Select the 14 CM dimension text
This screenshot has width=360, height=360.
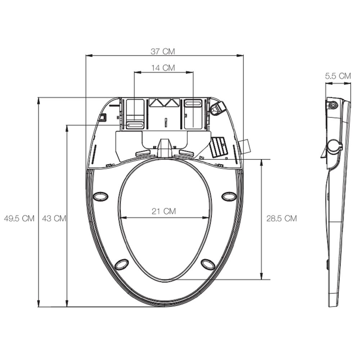pyautogui.click(x=163, y=68)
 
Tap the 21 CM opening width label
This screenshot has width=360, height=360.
pyautogui.click(x=164, y=211)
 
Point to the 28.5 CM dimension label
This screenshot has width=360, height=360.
pyautogui.click(x=282, y=218)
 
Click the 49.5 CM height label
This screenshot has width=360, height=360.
pyautogui.click(x=19, y=219)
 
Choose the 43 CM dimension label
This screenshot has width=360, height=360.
pyautogui.click(x=54, y=219)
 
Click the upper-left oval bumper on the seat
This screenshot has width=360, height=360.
pyautogui.click(x=100, y=196)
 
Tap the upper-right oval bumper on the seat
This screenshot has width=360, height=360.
pyautogui.click(x=229, y=196)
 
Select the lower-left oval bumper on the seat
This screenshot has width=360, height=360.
pyautogui.click(x=121, y=265)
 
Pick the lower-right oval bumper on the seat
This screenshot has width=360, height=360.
pyautogui.click(x=208, y=265)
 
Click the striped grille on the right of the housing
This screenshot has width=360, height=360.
pyautogui.click(x=217, y=147)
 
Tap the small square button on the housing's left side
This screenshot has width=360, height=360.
pyautogui.click(x=103, y=117)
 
